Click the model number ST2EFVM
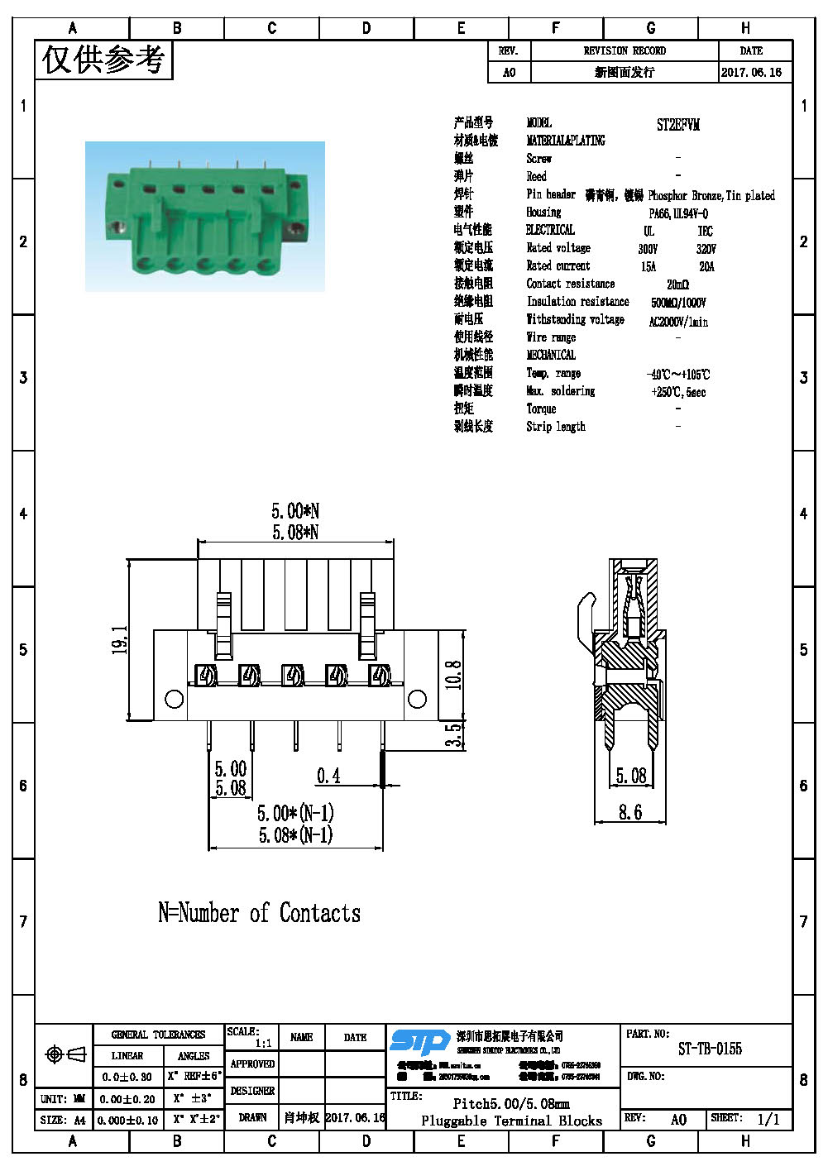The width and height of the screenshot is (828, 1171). coord(677,125)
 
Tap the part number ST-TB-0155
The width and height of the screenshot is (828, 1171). coord(710,1049)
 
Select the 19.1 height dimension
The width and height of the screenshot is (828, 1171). coord(120,640)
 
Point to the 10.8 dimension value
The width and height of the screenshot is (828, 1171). coord(453,675)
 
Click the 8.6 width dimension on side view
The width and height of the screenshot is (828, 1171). coord(630,812)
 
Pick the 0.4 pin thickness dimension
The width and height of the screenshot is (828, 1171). coord(328,776)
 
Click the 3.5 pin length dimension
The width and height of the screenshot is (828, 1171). coord(453,735)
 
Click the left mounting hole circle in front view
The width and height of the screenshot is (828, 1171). coord(174,700)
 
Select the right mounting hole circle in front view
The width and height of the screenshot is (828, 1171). coord(417,700)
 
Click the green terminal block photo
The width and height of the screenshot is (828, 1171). coord(205,217)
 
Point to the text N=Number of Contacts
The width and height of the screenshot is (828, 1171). coord(259,913)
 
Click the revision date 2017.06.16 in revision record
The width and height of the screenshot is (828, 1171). coord(750,72)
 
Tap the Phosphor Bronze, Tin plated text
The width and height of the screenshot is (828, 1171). coord(711,195)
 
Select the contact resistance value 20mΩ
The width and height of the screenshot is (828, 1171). coord(677,284)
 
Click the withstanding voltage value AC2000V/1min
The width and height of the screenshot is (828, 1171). coord(678,321)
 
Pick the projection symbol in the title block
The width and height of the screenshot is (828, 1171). coord(65,1054)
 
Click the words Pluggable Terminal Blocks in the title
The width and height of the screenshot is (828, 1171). coord(511,1121)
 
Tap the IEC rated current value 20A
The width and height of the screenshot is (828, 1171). coord(706,266)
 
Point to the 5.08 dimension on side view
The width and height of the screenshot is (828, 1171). coord(631,776)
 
